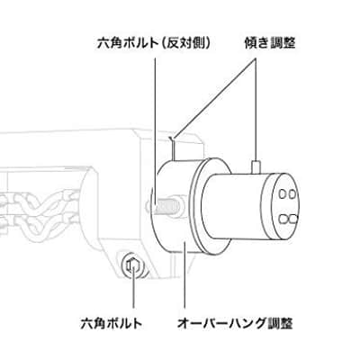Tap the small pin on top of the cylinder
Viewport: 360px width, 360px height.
(x=256, y=167)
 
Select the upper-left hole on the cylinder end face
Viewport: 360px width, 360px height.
(x=282, y=195)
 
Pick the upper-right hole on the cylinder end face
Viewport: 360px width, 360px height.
(x=292, y=194)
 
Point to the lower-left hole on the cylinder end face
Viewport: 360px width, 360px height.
(x=283, y=220)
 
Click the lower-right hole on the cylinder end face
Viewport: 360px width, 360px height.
(x=292, y=220)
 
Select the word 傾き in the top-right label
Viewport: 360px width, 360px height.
(x=256, y=43)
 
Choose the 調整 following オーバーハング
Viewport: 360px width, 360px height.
(x=280, y=324)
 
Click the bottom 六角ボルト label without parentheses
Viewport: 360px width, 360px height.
(x=112, y=324)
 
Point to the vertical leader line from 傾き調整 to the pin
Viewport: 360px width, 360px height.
(x=256, y=110)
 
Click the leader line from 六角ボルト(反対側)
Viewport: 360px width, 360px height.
(x=155, y=132)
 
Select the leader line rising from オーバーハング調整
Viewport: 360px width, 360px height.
(x=184, y=275)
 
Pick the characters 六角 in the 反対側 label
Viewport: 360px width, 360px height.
(x=107, y=44)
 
